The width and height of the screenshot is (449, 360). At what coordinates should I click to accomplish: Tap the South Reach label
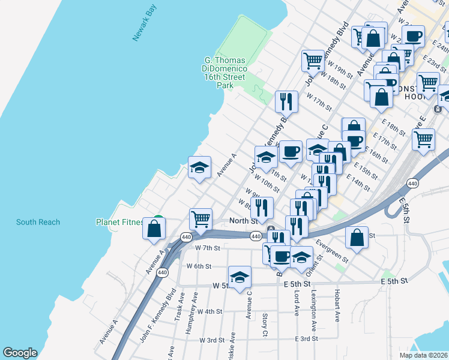(38, 222)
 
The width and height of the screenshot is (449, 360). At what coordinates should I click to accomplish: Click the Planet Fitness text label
(120, 222)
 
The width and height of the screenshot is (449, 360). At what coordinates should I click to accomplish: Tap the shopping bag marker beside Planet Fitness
(154, 229)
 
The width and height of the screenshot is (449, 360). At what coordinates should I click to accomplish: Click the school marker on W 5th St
(240, 278)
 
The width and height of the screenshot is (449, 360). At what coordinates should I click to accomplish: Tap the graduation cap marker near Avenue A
(200, 167)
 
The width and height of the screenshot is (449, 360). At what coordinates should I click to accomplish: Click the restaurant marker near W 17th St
(286, 101)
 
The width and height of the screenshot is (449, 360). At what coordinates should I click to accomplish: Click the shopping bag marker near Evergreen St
(357, 238)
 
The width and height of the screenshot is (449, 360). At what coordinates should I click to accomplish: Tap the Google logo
(20, 353)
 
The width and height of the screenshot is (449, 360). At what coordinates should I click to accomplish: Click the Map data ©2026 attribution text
(424, 355)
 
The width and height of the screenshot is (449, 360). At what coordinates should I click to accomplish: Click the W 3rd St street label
(211, 340)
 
